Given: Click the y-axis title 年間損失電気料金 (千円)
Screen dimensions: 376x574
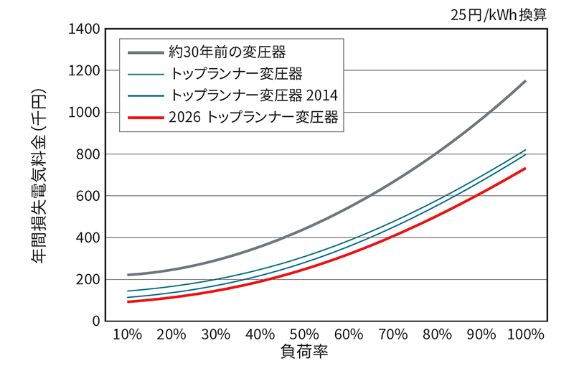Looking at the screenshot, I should (39, 175).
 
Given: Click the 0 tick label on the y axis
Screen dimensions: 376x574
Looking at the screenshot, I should (94, 321).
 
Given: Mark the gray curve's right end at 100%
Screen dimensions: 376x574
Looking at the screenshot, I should (525, 81).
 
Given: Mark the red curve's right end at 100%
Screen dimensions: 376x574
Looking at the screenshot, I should (525, 169).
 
